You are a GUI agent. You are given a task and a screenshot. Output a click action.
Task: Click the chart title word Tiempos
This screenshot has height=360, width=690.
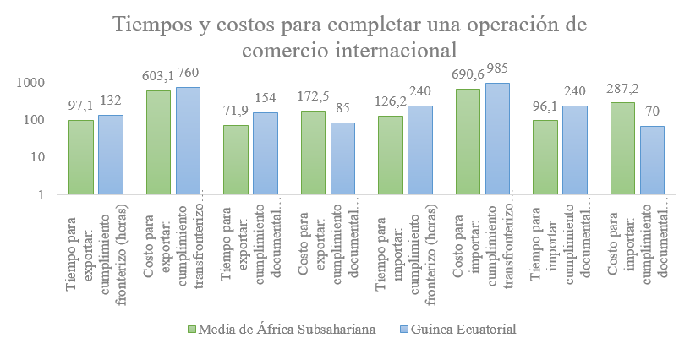[x=151, y=25]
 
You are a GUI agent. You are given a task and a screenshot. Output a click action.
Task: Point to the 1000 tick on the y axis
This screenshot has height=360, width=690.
[x=30, y=83]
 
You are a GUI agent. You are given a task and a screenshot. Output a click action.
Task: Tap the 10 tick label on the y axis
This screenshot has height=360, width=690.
[x=36, y=157]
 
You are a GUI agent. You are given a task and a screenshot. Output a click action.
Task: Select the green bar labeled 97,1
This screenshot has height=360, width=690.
[x=81, y=157]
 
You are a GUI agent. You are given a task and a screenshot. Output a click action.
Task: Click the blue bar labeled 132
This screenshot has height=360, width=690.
[x=111, y=155]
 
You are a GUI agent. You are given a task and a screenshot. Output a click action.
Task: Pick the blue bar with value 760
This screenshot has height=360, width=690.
[x=189, y=140]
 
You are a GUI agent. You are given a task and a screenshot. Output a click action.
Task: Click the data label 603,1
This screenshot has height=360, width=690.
[x=158, y=76]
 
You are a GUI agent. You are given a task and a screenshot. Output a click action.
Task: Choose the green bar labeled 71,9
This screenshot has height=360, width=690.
[x=236, y=160]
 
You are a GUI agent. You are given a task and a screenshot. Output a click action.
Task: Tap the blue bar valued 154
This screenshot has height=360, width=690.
[x=266, y=154]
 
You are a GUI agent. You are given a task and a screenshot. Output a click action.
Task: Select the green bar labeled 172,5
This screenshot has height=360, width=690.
[x=314, y=152]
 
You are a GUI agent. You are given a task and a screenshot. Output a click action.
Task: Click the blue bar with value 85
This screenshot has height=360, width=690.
[x=342, y=159]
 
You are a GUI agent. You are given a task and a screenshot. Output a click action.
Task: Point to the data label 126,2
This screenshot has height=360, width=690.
[x=390, y=101]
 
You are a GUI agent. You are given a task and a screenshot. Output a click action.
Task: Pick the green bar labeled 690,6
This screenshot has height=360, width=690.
[x=468, y=141]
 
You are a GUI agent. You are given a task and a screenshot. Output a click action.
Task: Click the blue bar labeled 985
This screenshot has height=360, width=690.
[x=498, y=139]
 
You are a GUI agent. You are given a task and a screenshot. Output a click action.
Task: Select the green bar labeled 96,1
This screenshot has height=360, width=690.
[x=545, y=157]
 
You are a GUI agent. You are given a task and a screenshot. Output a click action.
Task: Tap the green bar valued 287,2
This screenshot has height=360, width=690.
[x=622, y=149]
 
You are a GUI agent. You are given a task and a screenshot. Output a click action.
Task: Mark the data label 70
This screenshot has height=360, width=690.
[x=653, y=112]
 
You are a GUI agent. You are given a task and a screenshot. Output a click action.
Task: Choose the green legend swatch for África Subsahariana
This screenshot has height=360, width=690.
[x=191, y=330]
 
